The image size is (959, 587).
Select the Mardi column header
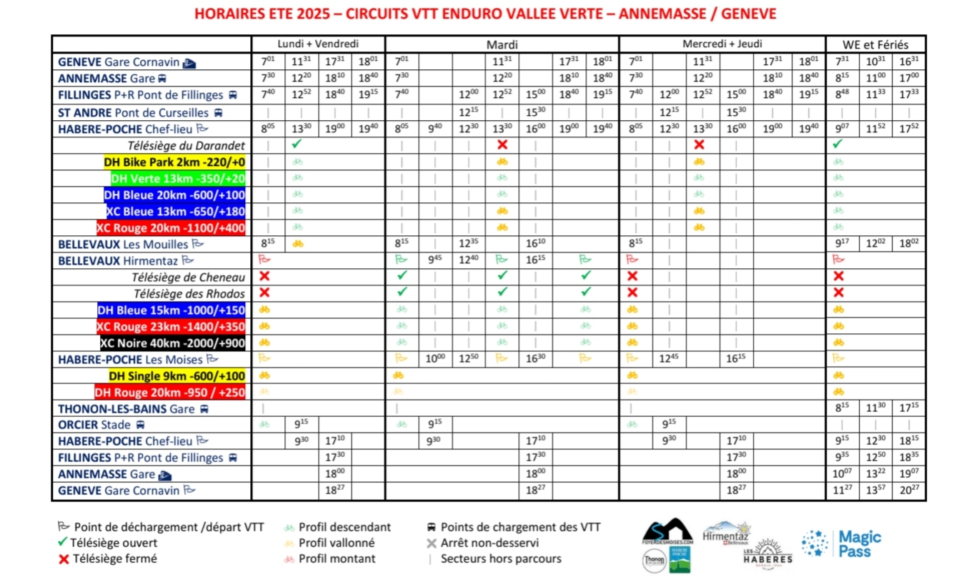pyautogui.click(x=502, y=44)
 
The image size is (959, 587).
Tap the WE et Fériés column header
pyautogui.click(x=875, y=44)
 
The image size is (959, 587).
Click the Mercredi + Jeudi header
pyautogui.click(x=722, y=44)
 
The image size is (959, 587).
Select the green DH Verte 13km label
pyautogui.click(x=178, y=178)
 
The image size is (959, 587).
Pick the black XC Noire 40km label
pyautogui.click(x=173, y=342)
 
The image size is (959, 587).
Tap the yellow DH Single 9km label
pyautogui.click(x=177, y=376)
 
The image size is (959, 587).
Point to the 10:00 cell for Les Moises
pyautogui.click(x=435, y=359)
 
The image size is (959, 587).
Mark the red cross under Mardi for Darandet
pyautogui.click(x=502, y=145)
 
